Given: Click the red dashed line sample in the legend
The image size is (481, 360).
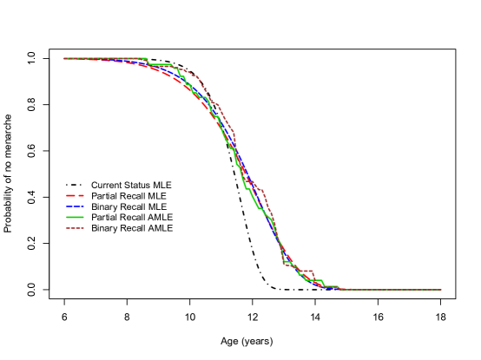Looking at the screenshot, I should click(75, 196).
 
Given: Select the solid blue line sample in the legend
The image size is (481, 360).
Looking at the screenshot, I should click(75, 207).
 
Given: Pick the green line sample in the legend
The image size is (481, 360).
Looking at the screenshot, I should click(75, 218).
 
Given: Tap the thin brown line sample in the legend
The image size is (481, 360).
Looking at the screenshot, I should click(75, 228).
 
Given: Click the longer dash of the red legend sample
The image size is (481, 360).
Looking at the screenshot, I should click(71, 196).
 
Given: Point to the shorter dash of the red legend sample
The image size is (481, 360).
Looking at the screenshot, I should click(81, 196).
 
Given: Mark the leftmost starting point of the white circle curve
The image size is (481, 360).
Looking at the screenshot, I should click(64, 59).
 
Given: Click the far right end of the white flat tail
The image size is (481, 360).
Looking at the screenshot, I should click(441, 289).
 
